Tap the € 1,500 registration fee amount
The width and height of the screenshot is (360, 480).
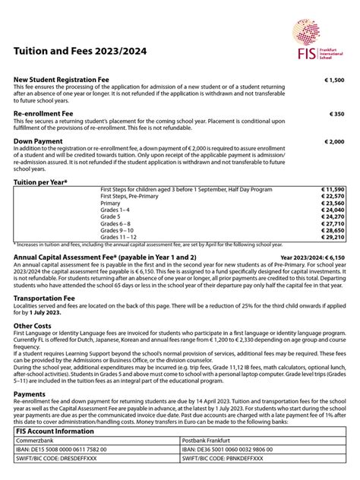(334, 80)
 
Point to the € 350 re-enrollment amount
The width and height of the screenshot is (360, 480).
(337, 114)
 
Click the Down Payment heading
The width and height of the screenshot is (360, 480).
(38, 141)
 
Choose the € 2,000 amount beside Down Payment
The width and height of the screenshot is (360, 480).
(334, 141)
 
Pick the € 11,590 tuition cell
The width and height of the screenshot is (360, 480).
(333, 189)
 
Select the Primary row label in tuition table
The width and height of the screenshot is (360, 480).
(111, 203)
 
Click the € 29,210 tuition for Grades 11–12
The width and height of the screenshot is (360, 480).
(333, 237)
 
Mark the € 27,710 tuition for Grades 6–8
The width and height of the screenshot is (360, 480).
(333, 223)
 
